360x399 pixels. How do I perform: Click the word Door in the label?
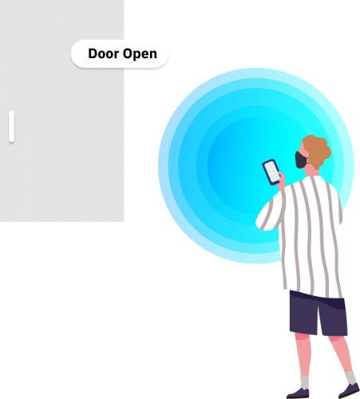click(x=104, y=53)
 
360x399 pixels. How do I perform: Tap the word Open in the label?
click(x=140, y=54)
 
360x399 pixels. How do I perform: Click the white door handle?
click(x=11, y=126)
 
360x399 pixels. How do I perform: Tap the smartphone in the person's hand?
click(x=271, y=172)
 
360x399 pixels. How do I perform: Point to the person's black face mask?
click(x=301, y=160)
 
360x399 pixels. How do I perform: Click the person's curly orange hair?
click(x=317, y=151)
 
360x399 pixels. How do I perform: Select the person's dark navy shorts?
click(x=318, y=313)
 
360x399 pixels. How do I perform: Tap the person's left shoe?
click(x=298, y=393)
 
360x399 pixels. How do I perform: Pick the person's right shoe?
click(x=350, y=391)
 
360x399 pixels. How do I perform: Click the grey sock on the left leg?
click(x=304, y=382)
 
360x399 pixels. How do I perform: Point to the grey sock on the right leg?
click(x=350, y=378)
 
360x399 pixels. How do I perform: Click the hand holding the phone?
click(x=282, y=181)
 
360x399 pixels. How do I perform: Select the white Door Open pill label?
click(x=120, y=54)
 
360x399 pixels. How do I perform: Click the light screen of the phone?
click(x=272, y=172)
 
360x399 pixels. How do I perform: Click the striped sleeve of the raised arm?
click(x=270, y=213)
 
